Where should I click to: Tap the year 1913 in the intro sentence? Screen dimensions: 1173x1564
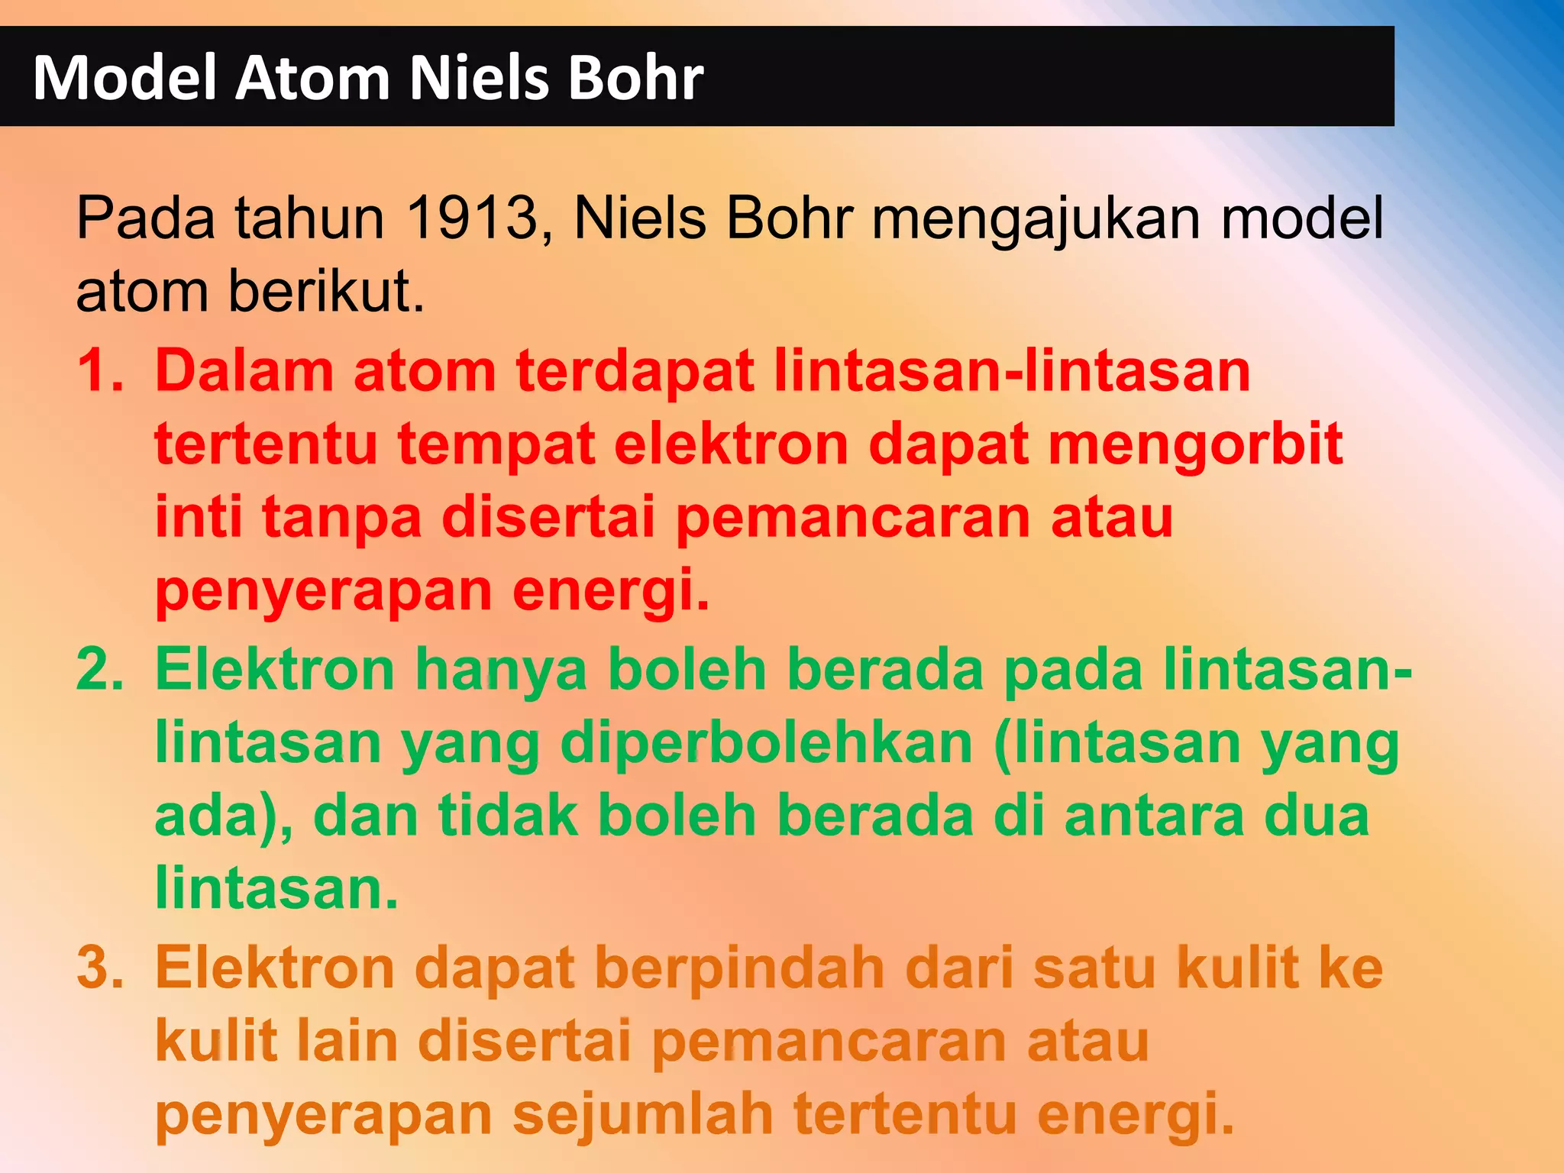click(x=472, y=218)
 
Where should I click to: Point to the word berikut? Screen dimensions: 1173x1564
click(x=326, y=292)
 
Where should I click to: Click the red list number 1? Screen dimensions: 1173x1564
click(x=99, y=371)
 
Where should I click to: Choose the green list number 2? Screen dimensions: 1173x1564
click(x=99, y=670)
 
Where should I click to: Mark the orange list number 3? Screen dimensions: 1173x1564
click(x=99, y=968)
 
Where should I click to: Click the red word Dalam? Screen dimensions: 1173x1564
click(x=244, y=371)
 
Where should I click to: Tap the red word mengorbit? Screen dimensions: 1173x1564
click(x=1195, y=444)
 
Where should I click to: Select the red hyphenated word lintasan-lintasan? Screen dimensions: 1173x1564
click(x=1012, y=371)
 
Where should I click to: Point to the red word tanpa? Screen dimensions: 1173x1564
click(x=341, y=518)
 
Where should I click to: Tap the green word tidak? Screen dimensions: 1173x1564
click(x=508, y=816)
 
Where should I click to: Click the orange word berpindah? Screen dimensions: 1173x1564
click(x=740, y=968)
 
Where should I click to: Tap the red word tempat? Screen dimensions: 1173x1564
click(x=496, y=444)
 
